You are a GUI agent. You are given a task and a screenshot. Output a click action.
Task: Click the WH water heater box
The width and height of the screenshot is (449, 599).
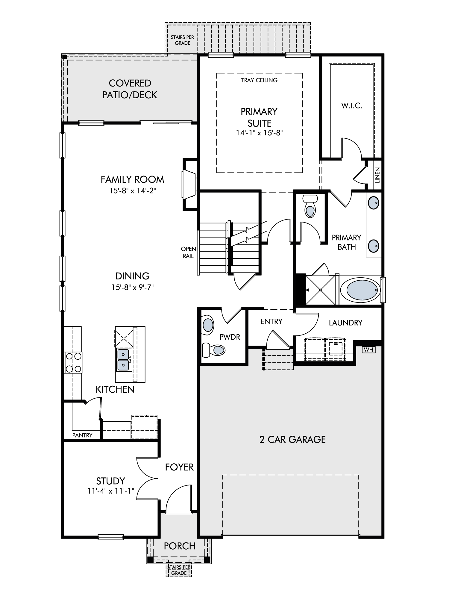pos(368,350)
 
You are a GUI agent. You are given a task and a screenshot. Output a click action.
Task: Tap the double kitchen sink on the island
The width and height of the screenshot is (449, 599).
pos(123,360)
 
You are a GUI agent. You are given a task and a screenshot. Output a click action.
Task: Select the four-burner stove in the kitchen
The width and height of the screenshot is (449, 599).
pos(73,362)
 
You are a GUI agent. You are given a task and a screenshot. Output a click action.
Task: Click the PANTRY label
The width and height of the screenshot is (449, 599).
pos(82,435)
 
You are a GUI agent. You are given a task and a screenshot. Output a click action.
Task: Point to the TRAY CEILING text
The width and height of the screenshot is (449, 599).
pos(259,80)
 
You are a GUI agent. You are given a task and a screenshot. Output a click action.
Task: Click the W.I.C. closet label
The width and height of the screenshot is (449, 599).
pos(352,105)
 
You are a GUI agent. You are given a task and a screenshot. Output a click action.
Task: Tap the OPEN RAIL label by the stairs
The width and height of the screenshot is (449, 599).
pos(188,252)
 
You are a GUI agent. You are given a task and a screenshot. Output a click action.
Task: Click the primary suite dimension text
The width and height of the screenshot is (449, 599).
pos(259,133)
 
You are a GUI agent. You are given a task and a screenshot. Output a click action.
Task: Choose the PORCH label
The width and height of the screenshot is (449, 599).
pos(180,546)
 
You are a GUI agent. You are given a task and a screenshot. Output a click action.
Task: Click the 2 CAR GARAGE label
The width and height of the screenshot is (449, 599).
pos(292,439)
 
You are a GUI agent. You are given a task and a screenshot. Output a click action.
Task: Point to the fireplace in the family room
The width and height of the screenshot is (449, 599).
pos(189,184)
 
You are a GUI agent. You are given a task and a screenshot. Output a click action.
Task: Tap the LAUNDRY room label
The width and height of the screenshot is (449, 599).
pos(345,323)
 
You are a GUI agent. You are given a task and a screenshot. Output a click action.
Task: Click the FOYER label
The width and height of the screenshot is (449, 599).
pos(179,467)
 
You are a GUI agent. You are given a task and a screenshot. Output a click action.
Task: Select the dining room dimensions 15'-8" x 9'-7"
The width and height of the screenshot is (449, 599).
pos(133,287)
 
